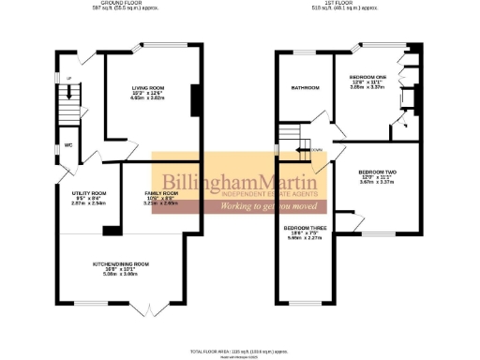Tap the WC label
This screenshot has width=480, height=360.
(x=68, y=145)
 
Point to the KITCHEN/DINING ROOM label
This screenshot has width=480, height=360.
(x=120, y=264)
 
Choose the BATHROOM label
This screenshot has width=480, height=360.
(x=304, y=88)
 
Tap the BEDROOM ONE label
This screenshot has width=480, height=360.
(x=367, y=77)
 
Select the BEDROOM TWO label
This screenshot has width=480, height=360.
(x=378, y=172)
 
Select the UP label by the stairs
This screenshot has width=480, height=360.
(x=56, y=79)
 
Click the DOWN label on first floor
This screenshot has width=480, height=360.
(x=316, y=149)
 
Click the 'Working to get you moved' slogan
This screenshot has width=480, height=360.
(x=265, y=204)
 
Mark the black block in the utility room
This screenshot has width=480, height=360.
(x=112, y=229)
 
